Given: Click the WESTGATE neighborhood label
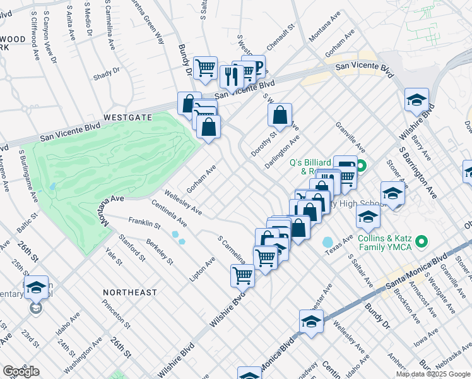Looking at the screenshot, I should coord(128,117).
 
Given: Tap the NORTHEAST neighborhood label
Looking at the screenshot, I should coord(131,292).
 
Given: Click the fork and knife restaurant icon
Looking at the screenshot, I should coord(231,76).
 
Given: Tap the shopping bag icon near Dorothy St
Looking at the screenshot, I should coord(280,115).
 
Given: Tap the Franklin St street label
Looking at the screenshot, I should coord(141,223).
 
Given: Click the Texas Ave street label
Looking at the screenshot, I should coord(339,243).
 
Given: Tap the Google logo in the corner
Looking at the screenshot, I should coord(21,371).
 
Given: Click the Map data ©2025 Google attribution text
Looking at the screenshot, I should coord(433,374).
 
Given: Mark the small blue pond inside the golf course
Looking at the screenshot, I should coord(51,187).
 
